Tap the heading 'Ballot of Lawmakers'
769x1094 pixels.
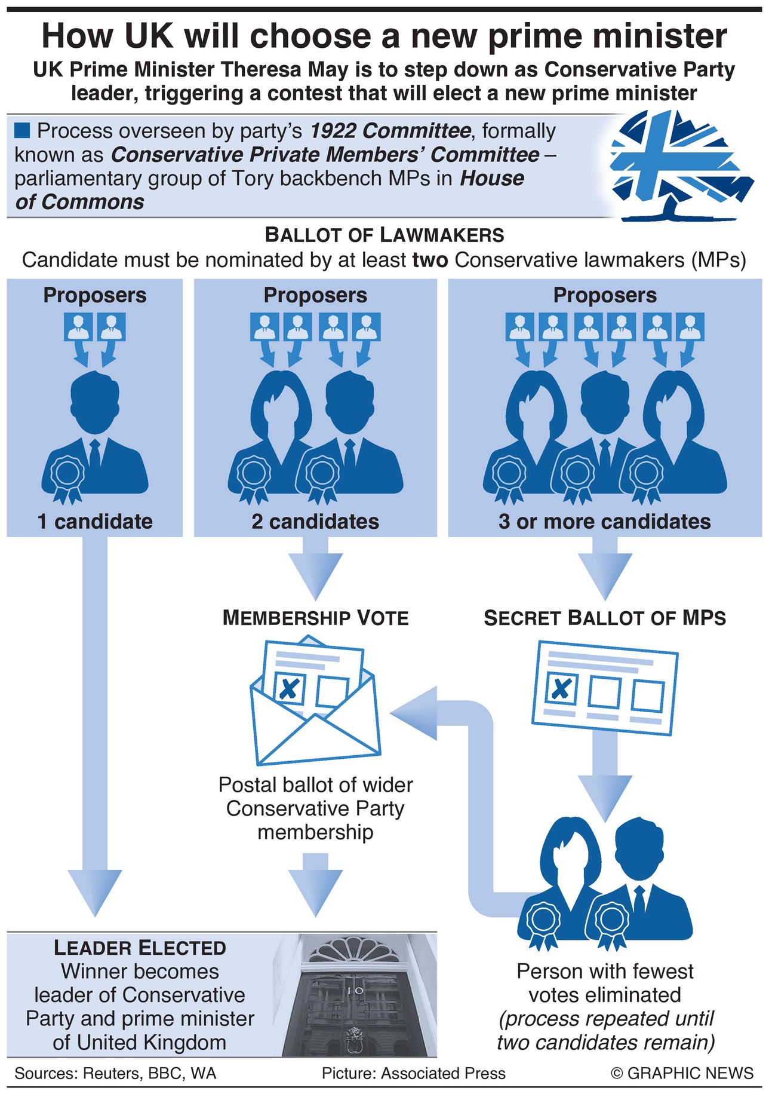[384, 235]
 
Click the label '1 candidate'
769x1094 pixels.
[95, 522]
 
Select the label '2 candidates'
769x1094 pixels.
[315, 522]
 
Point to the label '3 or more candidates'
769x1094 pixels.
[604, 522]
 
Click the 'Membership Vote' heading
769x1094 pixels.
[315, 618]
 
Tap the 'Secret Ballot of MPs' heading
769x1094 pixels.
[604, 618]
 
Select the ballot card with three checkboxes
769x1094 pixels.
[604, 687]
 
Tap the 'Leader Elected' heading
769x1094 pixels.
[140, 948]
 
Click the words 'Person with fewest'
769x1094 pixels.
[604, 972]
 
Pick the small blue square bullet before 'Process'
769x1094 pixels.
[22, 130]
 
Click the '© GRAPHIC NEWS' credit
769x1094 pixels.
[682, 1073]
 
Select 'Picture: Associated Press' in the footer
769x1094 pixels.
[413, 1073]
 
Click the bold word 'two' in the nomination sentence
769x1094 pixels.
[430, 261]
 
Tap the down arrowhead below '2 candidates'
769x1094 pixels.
[315, 575]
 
